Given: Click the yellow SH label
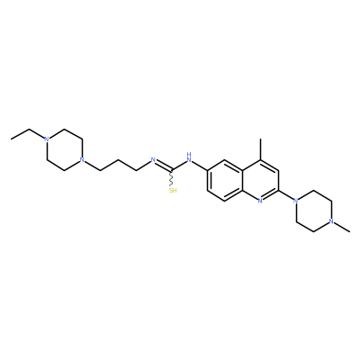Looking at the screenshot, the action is click(173, 190).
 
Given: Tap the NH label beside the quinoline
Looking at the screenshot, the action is click(189, 157).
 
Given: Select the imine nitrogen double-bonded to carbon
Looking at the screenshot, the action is click(153, 160).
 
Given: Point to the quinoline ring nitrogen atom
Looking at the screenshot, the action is click(260, 201).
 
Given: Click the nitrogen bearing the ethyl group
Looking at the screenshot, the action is click(46, 139).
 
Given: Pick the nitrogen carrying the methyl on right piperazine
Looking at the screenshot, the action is click(331, 221).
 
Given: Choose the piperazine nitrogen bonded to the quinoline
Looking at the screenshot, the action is click(296, 201).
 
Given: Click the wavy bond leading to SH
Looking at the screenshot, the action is click(172, 178).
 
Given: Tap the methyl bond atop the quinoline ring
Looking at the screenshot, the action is click(260, 149).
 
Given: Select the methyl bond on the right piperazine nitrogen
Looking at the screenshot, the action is click(342, 227).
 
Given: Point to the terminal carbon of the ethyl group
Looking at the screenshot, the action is click(12, 139).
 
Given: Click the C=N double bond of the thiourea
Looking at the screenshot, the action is click(163, 166).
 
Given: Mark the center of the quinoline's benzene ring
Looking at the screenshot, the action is click(225, 180).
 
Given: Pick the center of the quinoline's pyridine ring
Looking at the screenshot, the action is click(260, 180).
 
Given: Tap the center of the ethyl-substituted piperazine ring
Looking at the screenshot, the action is click(64, 149).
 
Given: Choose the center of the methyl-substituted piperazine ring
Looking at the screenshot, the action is click(313, 211).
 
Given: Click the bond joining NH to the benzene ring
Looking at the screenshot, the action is click(200, 166).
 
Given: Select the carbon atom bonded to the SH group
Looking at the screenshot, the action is click(172, 170).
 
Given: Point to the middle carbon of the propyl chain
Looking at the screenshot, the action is click(118, 160).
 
